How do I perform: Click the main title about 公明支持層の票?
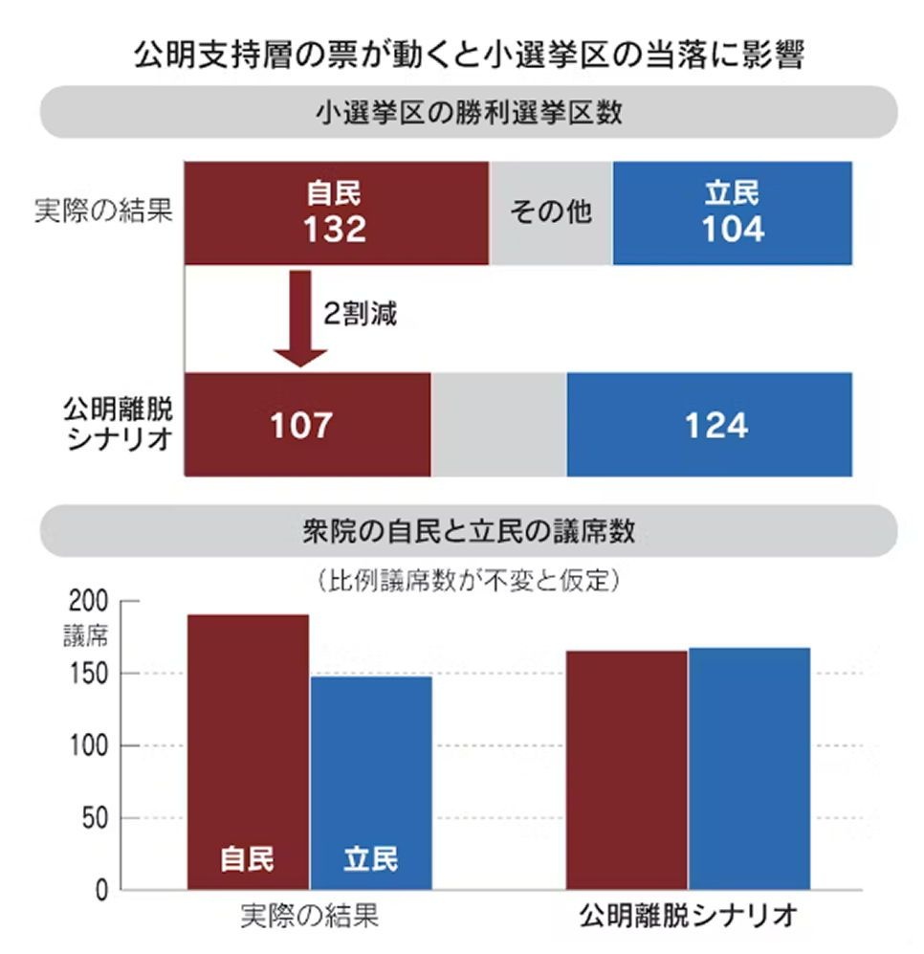click(468, 55)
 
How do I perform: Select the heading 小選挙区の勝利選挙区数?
click(468, 113)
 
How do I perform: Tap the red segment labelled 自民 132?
click(336, 212)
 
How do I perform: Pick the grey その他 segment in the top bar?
click(551, 212)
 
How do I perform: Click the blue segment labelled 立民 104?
click(732, 212)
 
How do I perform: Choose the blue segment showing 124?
click(709, 425)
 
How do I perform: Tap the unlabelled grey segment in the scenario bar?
click(498, 425)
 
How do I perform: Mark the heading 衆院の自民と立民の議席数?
click(468, 532)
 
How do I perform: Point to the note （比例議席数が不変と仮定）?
click(468, 579)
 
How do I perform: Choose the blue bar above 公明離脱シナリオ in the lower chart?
click(749, 765)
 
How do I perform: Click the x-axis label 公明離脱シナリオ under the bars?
click(688, 916)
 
